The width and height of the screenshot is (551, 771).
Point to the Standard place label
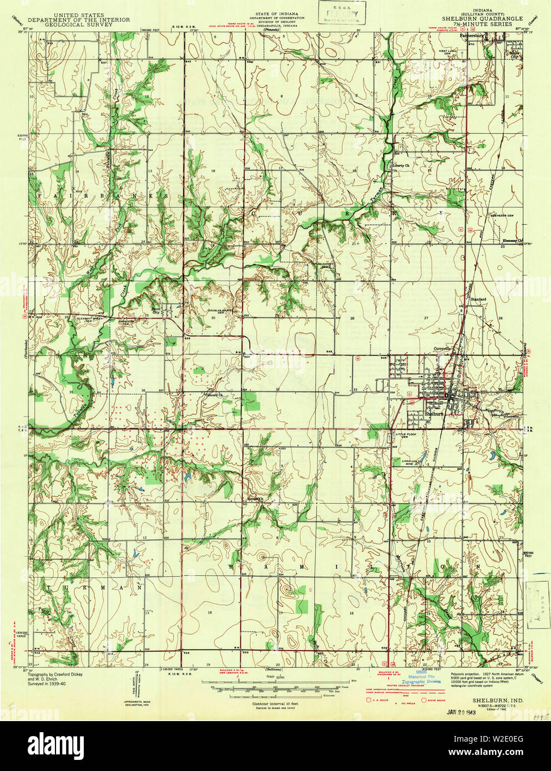(x=478, y=300)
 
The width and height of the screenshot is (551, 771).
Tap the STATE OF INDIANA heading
(x=277, y=13)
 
